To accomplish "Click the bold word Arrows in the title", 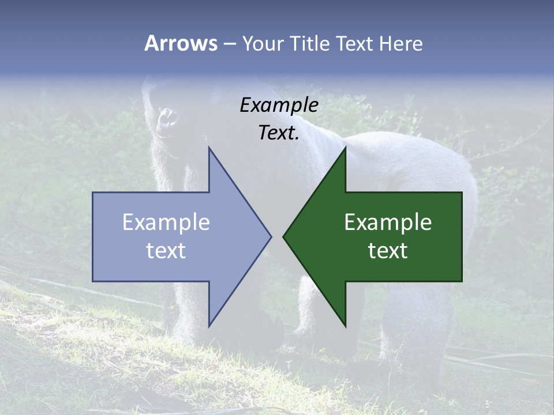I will coord(181,43).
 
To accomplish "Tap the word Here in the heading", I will coord(400,44).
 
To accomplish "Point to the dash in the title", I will coord(229,44).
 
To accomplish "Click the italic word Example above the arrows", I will coord(279,105).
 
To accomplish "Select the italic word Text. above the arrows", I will coord(279,133).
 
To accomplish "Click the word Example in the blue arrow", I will coord(166,222).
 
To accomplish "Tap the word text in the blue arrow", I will coord(166,251).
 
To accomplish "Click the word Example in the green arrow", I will coord(388,222).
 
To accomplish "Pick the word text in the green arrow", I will coord(388,251).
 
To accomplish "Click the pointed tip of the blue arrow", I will coord(269,236).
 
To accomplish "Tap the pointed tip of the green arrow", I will coord(285,236).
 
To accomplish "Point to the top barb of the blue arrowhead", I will coord(210,151).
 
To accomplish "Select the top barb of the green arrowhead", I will coord(345,151).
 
